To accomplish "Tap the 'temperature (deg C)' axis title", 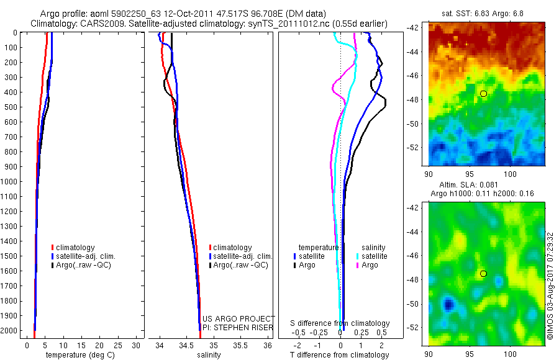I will point(78,355).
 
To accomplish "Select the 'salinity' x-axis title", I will point(208,355).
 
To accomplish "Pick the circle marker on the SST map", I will point(483,93).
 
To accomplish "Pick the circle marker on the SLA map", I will point(483,274).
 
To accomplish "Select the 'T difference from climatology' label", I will point(339,355).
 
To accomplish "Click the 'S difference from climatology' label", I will point(340,323).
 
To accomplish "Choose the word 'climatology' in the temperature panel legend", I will point(77,248).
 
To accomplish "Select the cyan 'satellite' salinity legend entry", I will point(375,256).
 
